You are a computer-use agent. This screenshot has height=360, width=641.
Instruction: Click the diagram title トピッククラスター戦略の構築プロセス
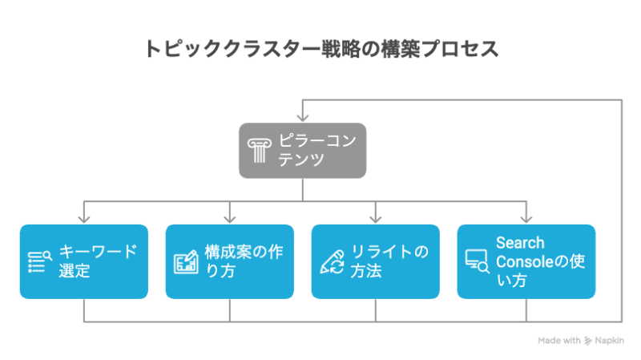point(320,48)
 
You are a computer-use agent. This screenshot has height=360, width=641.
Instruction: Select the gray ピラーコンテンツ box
point(302,150)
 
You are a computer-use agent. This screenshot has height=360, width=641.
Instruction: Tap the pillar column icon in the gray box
point(258,150)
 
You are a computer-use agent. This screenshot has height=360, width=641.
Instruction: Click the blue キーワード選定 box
point(84,261)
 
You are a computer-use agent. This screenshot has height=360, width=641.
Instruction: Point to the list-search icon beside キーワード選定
point(40,262)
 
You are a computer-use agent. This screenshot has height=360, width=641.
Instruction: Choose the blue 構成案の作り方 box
point(230,261)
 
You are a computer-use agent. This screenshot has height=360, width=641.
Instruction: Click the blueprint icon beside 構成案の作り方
point(186,262)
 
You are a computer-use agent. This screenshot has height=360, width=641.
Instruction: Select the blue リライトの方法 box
point(375,261)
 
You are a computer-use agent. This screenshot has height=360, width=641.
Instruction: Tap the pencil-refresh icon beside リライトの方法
point(332,262)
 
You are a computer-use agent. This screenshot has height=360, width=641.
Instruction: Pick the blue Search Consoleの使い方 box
point(526,261)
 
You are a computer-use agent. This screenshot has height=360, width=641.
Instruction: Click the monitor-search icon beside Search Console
point(478,262)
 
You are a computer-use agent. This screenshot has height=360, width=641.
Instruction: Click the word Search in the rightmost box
point(519,243)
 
